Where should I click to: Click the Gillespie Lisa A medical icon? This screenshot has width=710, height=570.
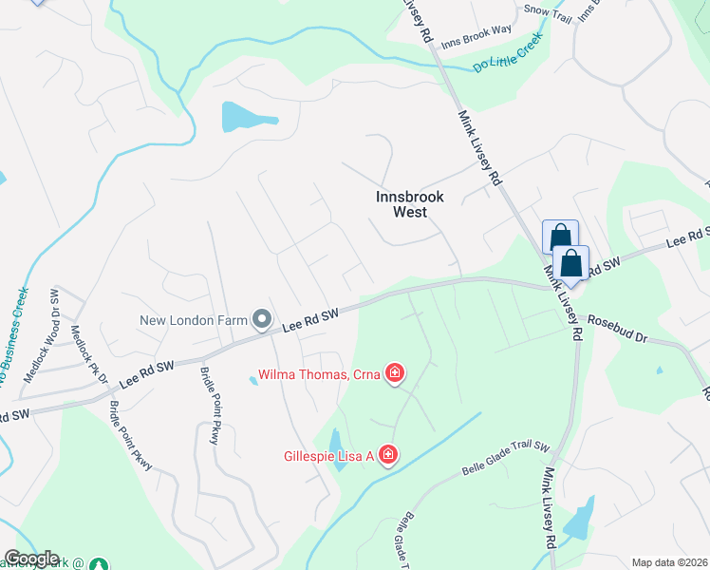click(x=387, y=456)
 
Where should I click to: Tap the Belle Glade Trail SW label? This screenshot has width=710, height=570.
click(x=506, y=458)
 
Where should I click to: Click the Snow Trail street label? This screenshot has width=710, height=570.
click(x=550, y=9)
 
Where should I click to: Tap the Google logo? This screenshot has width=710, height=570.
click(x=31, y=559)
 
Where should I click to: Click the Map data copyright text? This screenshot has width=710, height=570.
click(x=669, y=562)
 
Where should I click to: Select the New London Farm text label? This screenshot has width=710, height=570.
click(x=195, y=319)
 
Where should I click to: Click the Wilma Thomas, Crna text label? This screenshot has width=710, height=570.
click(x=320, y=373)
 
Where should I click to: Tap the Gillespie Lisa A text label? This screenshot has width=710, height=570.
click(x=328, y=456)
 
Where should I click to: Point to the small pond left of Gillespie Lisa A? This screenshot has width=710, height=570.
click(x=336, y=443)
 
